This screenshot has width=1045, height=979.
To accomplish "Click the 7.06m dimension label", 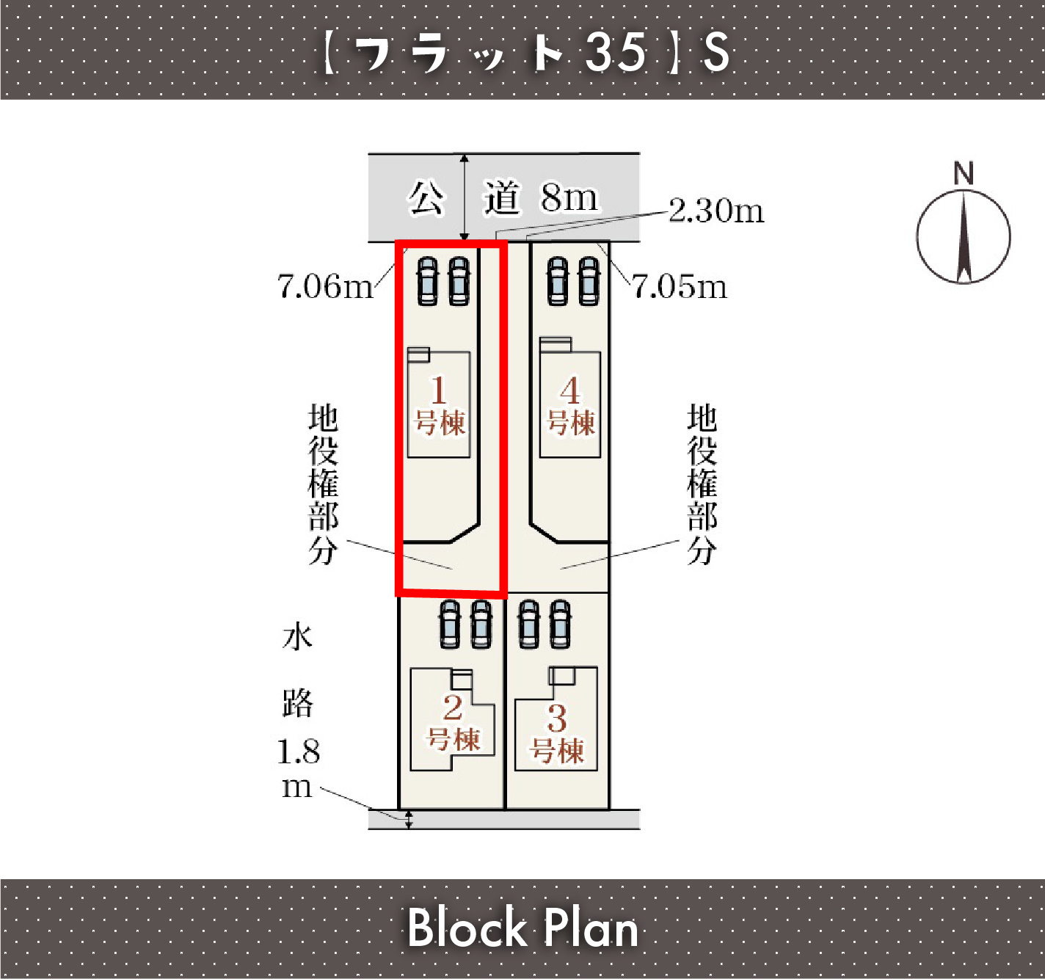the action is tap(325, 287).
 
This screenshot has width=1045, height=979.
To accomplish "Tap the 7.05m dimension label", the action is tap(680, 287).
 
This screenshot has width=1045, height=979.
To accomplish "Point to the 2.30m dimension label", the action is tap(716, 211).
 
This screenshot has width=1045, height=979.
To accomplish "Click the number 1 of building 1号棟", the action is tap(438, 390).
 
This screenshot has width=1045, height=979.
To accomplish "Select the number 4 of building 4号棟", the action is tap(570, 390).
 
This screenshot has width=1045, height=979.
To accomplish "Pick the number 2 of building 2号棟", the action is tap(453, 707).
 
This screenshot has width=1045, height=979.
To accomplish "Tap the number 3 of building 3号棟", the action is tap(557, 718).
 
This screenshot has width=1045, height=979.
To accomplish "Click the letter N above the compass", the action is tap(964, 173).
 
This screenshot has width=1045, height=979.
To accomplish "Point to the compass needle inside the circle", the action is tap(964, 238).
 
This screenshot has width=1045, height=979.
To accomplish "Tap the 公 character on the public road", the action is tap(426, 198).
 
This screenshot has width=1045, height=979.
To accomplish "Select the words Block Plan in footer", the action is tap(522, 928).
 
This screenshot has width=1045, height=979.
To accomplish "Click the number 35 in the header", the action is tap(616, 51).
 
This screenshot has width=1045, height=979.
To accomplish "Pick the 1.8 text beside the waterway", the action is tap(299, 751).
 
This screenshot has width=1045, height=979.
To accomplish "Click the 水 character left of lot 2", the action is tap(298, 637).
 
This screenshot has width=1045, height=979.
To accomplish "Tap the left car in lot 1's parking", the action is tap(427, 281).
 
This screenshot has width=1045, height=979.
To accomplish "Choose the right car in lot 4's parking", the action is tap(589, 281).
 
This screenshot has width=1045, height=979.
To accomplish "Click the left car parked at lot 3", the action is tap(529, 625).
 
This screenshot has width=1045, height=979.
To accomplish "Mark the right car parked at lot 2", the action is tap(481, 625).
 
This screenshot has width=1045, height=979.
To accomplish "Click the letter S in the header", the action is tap(716, 51).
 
